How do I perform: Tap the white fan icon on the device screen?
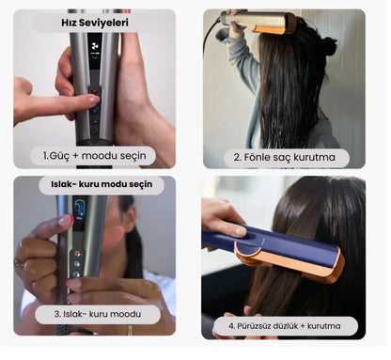pos(94,47)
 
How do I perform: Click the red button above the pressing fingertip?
pos(95,91)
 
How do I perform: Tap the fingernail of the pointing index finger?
pos(94,100)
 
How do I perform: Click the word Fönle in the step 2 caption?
pos(257,157)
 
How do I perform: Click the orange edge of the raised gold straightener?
pos(270,30)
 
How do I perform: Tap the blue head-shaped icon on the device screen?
pos(80,208)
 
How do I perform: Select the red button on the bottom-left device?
pos(77,254)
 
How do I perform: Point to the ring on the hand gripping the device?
pos(19,262)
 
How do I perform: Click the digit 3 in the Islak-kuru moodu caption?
pos(56,314)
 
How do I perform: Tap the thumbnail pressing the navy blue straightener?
pos(241,231)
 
